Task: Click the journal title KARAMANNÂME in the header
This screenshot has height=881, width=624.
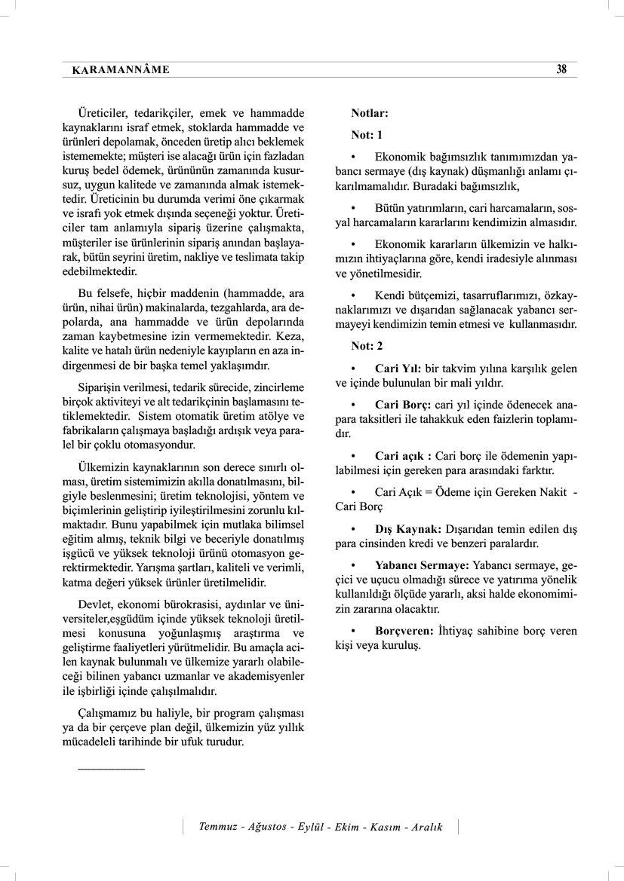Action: point(121,70)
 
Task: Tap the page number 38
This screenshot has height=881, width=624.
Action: point(561,69)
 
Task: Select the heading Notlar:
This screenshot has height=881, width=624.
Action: point(370,114)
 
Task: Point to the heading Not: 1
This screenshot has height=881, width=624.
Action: point(367,135)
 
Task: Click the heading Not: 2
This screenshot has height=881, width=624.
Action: point(367,345)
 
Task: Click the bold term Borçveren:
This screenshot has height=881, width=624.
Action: point(404,630)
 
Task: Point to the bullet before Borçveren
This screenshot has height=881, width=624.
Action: point(353,630)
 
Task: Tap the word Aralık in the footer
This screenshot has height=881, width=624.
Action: point(426,827)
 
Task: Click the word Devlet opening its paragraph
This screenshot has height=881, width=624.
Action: point(95,604)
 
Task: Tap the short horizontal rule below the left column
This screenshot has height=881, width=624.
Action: point(111,768)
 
